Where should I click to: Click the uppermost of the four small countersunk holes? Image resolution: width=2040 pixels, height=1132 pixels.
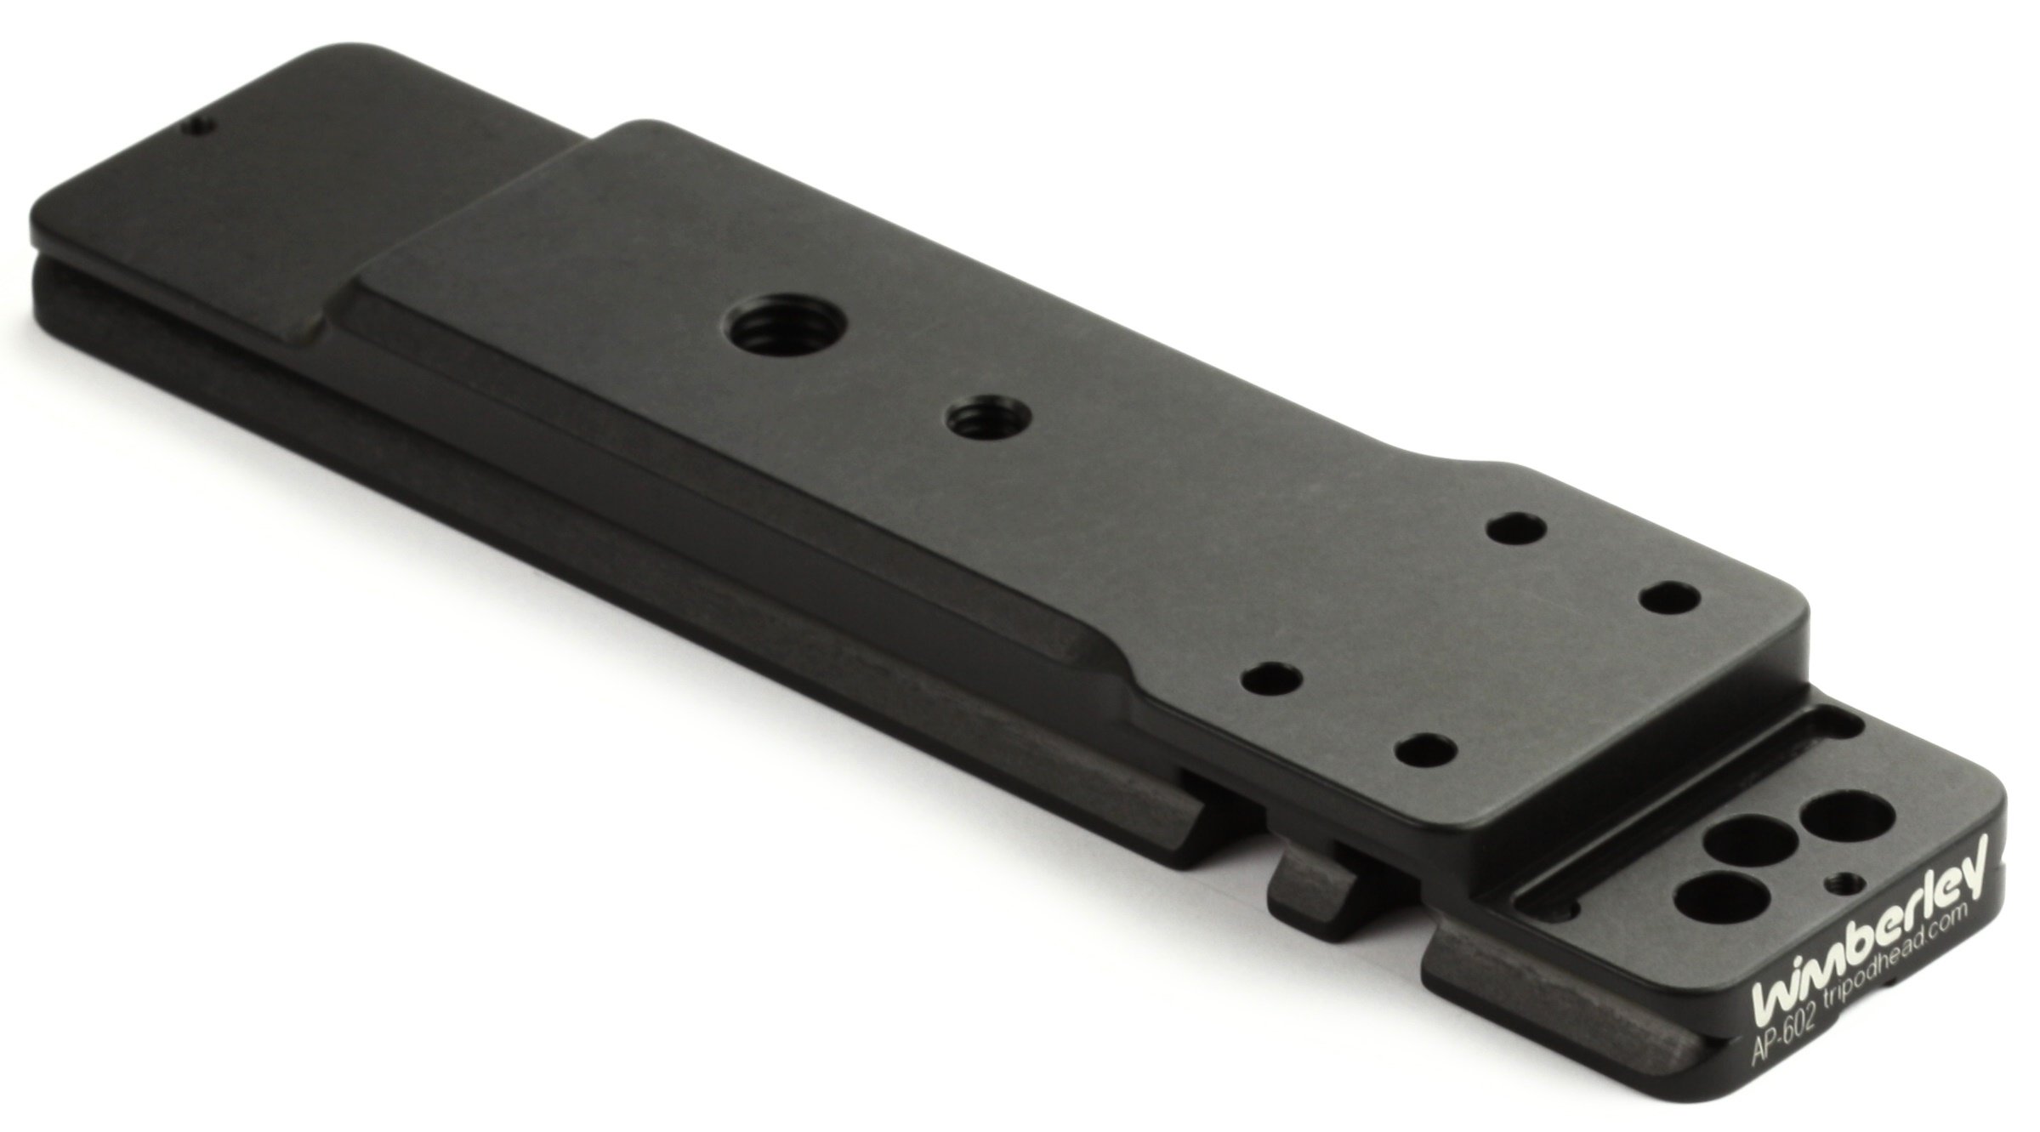(x=1514, y=527)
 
